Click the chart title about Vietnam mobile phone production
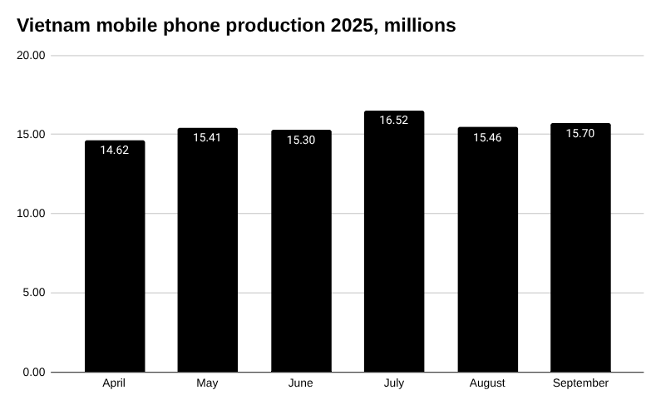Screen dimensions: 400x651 click(x=236, y=26)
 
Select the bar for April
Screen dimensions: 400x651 click(x=115, y=258)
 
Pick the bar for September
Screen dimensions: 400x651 click(x=580, y=249)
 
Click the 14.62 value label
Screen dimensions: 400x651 click(x=115, y=151)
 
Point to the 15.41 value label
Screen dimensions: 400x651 click(x=207, y=137)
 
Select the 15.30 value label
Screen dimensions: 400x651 click(x=301, y=140)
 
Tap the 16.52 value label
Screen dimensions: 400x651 click(x=394, y=121)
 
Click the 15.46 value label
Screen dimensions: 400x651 click(x=487, y=137)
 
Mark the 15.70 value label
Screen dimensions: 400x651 click(x=580, y=133)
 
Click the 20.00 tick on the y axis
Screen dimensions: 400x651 click(x=32, y=56)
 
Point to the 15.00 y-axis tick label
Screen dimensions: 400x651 click(x=32, y=135)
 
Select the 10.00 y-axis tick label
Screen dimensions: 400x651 click(x=32, y=214)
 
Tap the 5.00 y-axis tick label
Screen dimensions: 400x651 click(x=34, y=293)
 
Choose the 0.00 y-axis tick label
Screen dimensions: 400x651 click(x=34, y=372)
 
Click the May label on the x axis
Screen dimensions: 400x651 click(x=207, y=383)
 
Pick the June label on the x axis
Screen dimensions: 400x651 click(x=301, y=383)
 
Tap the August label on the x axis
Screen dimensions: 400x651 click(x=487, y=383)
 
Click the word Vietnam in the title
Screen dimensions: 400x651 click(x=52, y=26)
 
